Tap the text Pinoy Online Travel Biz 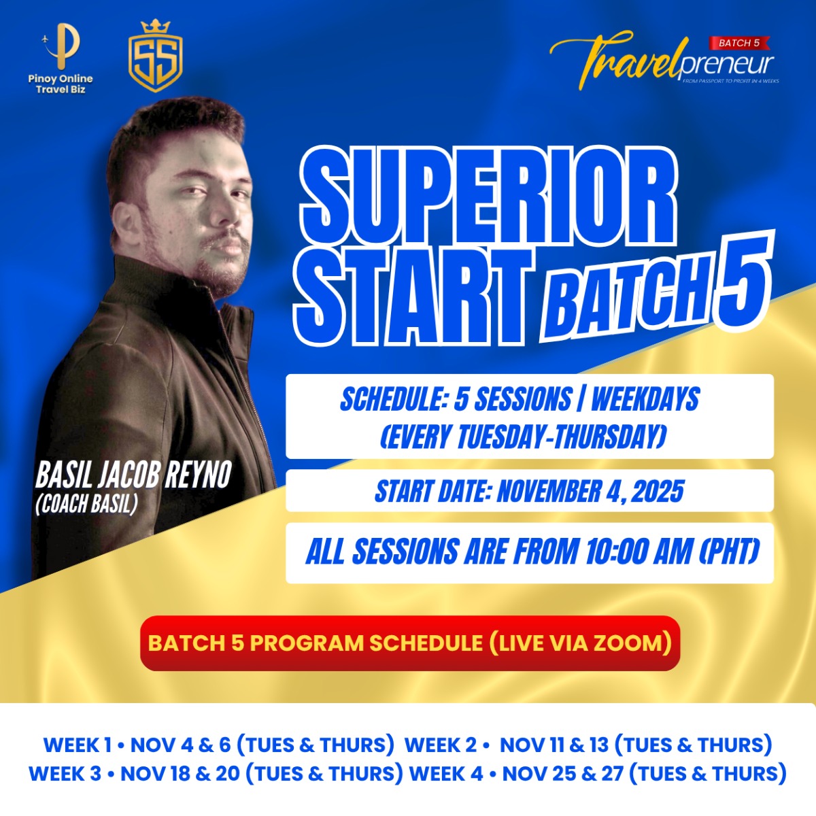point(61,84)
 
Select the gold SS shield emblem point(156,56)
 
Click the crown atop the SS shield point(156,27)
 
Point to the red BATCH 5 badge point(738,43)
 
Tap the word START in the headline point(413,297)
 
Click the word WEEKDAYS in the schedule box point(645,399)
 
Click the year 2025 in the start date point(657,491)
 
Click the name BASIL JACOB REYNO point(133,475)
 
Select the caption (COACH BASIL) point(87,504)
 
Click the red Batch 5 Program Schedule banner point(410,643)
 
